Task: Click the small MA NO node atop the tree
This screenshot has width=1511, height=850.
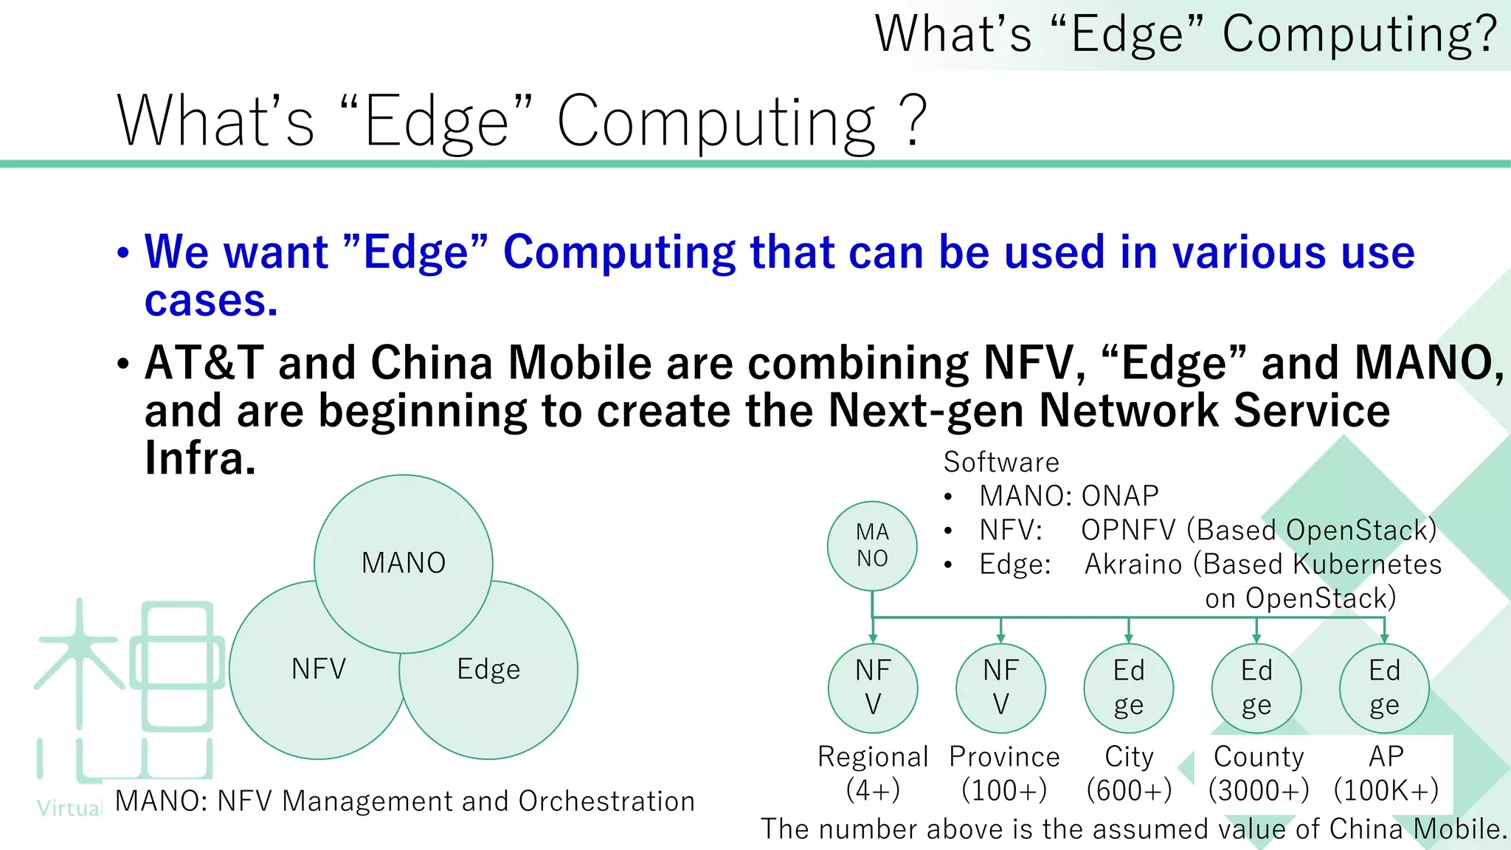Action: [x=872, y=545]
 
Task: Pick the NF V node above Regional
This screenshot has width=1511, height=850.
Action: [x=873, y=688]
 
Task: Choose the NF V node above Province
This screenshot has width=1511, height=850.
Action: [x=1000, y=688]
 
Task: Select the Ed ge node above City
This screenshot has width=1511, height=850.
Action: [x=1128, y=688]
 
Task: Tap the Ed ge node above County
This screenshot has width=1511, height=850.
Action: [x=1256, y=688]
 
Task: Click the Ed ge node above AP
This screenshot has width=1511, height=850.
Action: [x=1384, y=688]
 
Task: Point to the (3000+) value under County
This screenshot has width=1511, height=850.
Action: [x=1259, y=790]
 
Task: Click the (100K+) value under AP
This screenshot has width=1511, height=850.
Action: [x=1386, y=790]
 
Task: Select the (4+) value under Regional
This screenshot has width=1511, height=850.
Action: [x=873, y=790]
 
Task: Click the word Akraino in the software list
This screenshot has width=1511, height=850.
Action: [x=1133, y=564]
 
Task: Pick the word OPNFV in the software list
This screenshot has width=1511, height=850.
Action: [x=1128, y=531]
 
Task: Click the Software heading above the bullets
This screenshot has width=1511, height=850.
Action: [x=1001, y=463]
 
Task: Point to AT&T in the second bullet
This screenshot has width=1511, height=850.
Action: [x=204, y=363]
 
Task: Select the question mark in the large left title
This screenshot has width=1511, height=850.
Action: [x=913, y=121]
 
